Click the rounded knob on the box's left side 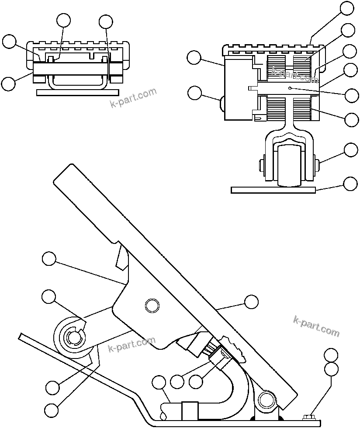click(222, 104)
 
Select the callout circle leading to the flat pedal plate click(251, 302)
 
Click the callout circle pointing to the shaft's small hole click(351, 95)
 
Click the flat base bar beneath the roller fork click(273, 190)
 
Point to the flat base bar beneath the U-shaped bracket click(78, 92)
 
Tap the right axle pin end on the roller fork click(316, 165)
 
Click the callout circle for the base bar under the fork click(351, 184)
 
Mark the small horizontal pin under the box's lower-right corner click(258, 117)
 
